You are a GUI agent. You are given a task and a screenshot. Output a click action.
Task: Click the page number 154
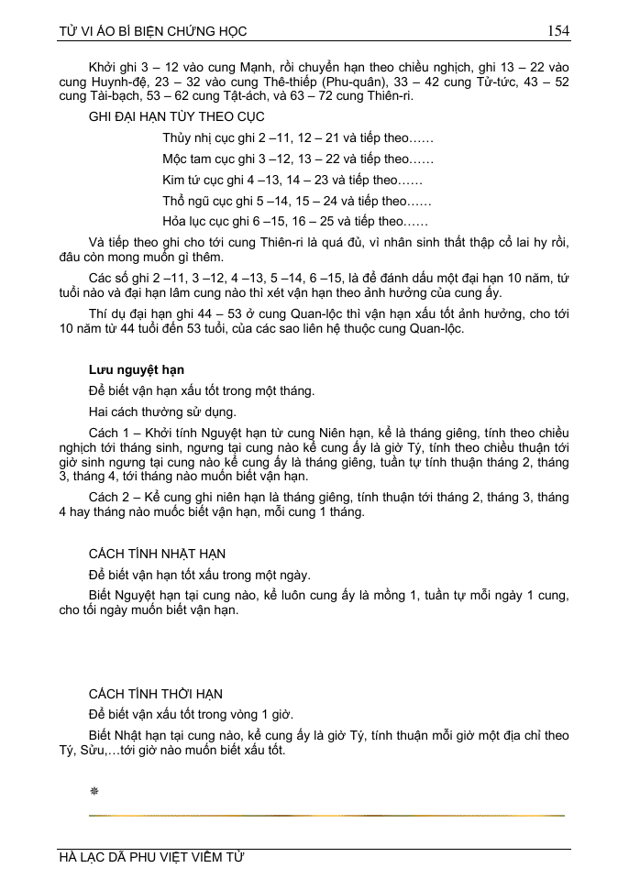pos(558,31)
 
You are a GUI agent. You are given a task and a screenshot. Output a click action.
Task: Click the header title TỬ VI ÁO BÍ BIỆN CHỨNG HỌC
pos(152,32)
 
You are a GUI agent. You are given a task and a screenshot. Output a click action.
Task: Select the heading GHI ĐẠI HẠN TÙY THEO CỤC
pos(176,118)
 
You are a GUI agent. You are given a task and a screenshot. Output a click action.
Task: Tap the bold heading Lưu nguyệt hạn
pos(137,369)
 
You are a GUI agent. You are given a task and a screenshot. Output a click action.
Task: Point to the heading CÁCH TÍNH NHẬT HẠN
pos(157,554)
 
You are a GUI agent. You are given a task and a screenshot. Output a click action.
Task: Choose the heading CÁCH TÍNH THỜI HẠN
pos(156,694)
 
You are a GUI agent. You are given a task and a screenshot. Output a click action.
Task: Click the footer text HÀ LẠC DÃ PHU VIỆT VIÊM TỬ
pos(152,859)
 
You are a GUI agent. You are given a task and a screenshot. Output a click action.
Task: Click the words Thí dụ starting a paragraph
pos(105,315)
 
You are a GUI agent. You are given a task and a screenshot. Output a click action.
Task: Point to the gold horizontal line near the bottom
pos(326,814)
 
